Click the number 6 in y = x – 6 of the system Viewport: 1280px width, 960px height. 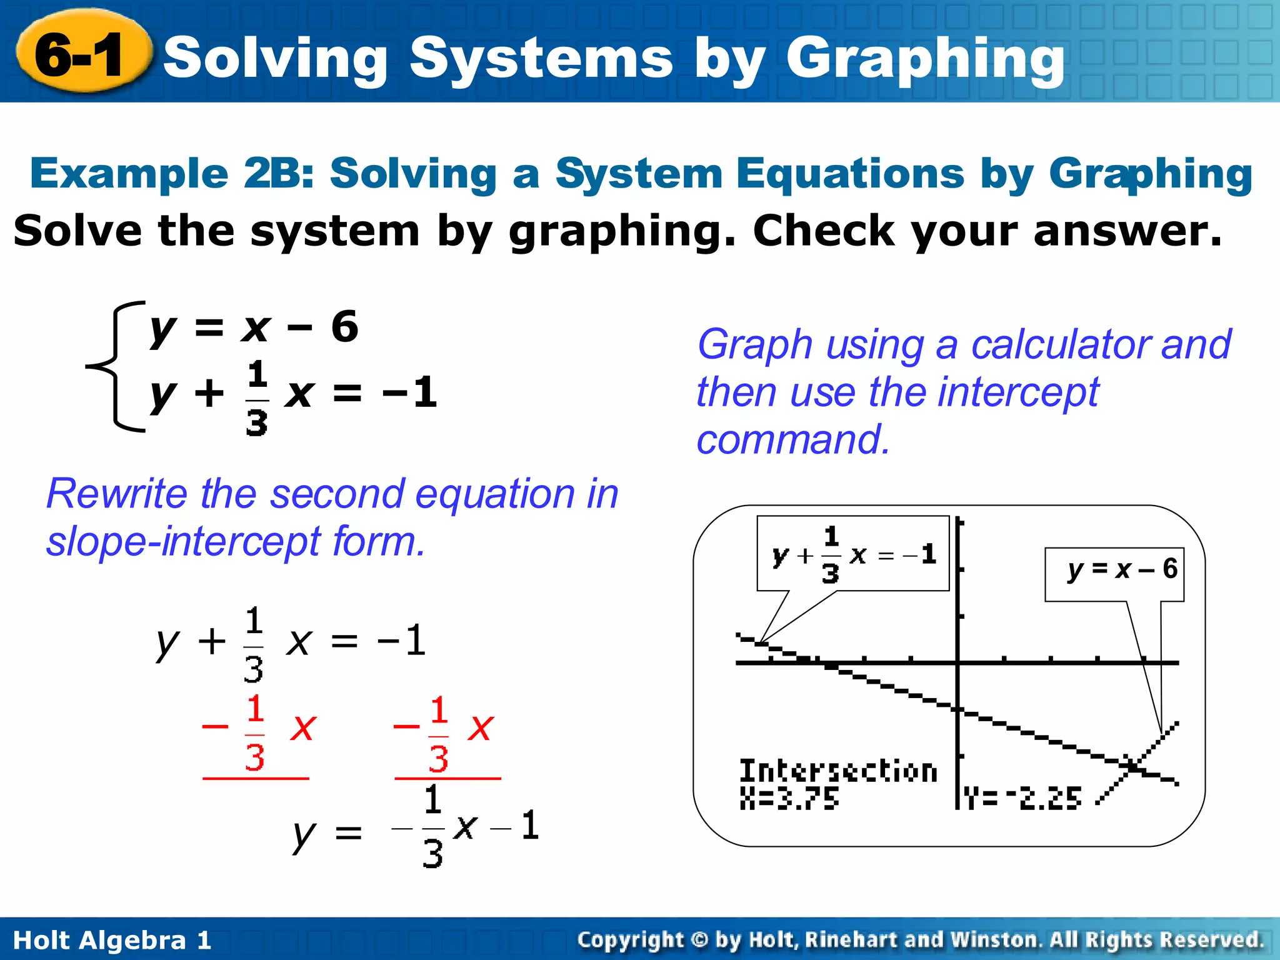pos(344,326)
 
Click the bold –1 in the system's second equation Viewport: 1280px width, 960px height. pos(411,392)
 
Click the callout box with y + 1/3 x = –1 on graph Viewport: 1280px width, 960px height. pos(852,554)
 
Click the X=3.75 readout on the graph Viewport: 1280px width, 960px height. pos(789,798)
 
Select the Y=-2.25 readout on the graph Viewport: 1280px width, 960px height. pos(1022,798)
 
